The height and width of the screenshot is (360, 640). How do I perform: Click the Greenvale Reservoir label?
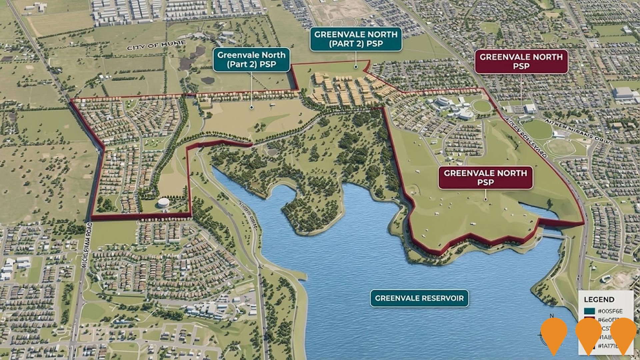click(x=419, y=298)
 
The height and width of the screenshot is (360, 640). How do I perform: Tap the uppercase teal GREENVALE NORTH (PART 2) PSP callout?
click(x=356, y=39)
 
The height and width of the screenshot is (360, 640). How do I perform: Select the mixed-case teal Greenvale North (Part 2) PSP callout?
click(x=251, y=60)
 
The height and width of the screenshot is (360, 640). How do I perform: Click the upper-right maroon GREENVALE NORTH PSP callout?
click(x=521, y=62)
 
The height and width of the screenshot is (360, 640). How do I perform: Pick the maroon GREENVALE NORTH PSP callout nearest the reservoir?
click(x=485, y=178)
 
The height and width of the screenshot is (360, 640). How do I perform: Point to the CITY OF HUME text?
click(x=156, y=45)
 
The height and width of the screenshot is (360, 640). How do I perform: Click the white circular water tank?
click(x=164, y=202)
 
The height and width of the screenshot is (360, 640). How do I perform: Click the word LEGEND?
click(x=599, y=299)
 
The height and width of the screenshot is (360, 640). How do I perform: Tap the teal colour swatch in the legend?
click(x=589, y=311)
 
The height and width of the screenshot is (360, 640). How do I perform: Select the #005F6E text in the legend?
click(x=610, y=311)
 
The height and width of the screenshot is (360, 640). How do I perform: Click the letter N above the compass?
click(x=552, y=316)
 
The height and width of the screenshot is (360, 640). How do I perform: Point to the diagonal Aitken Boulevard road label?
click(x=526, y=137)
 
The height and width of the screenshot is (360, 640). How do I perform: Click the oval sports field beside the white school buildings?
click(x=481, y=106)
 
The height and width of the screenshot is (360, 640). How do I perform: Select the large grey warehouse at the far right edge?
click(x=623, y=93)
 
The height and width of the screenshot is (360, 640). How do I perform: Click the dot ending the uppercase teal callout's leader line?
click(x=356, y=67)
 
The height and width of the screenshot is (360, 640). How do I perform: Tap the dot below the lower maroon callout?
click(x=485, y=199)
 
